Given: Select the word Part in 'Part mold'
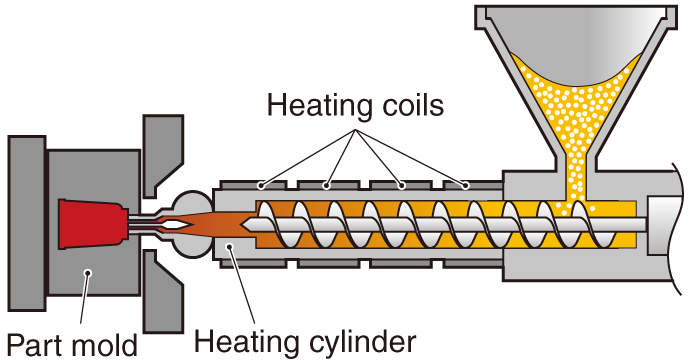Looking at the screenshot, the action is [x=33, y=345].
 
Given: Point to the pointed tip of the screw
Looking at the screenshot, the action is [x=243, y=225].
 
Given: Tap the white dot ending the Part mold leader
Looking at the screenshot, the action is [x=88, y=273].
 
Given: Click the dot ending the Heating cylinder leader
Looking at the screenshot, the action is [x=229, y=248].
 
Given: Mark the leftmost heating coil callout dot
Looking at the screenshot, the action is [x=261, y=186].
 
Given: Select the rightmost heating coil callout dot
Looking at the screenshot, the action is [x=466, y=186].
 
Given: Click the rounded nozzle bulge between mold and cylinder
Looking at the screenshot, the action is [x=191, y=224].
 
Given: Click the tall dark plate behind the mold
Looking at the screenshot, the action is [x=26, y=224].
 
